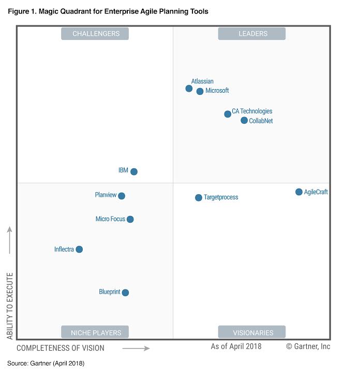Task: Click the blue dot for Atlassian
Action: coord(189,89)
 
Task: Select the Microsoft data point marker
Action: coord(200,92)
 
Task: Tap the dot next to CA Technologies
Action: coord(228,114)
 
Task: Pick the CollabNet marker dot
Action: coord(244,121)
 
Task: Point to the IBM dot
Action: coord(134,171)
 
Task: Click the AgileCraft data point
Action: coord(299,192)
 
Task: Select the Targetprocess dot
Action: coord(199,198)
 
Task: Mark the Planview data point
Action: coord(122,196)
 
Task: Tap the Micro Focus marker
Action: coord(130,220)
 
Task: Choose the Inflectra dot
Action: coord(79,250)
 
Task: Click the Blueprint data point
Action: coord(125,293)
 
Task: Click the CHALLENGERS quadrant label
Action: coord(95,34)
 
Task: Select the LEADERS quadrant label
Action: coord(252,34)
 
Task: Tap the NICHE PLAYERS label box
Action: coord(95,332)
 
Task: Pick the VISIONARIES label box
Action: coord(252,332)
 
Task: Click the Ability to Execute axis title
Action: coord(10,306)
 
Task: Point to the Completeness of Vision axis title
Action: coord(61,348)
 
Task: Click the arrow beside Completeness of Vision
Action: coord(136,349)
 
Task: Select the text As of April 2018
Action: coord(236,346)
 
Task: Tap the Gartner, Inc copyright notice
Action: coord(308,346)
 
